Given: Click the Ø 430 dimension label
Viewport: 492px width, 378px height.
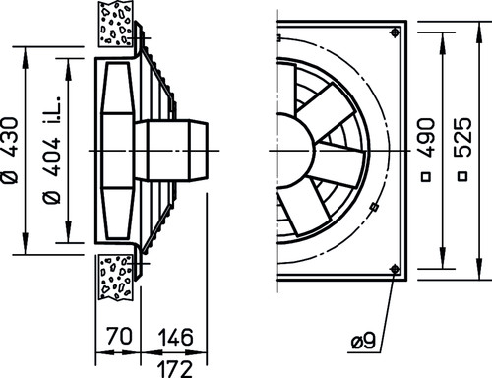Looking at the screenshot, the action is pos(9,151).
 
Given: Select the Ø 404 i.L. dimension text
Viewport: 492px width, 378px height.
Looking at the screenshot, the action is pos(52,151).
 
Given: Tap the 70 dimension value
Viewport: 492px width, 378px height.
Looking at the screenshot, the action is pos(119,336).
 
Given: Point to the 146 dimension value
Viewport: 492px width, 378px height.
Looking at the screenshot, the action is pos(176,337).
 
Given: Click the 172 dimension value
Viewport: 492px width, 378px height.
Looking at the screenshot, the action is pos(175,369).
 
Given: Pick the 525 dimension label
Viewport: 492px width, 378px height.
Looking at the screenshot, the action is pos(462,136).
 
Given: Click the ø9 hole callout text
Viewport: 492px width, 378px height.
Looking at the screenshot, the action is pos(363,342).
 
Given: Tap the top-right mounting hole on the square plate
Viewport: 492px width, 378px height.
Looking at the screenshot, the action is pos(395,32).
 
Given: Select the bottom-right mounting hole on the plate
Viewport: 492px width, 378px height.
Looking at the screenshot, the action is pos(395,269).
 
